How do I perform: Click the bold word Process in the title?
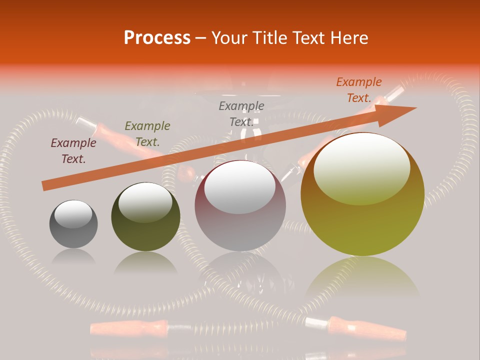pos(157,38)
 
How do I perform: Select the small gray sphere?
pos(73,224)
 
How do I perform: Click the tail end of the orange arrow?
pos(44,186)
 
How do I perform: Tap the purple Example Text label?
pos(73,151)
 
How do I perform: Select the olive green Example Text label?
pos(147,134)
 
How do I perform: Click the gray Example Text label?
pos(241,114)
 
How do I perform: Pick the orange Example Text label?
pos(359,90)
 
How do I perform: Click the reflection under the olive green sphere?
pos(145,262)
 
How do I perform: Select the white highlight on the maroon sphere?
pos(240,186)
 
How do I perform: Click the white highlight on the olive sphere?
pos(145,201)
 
